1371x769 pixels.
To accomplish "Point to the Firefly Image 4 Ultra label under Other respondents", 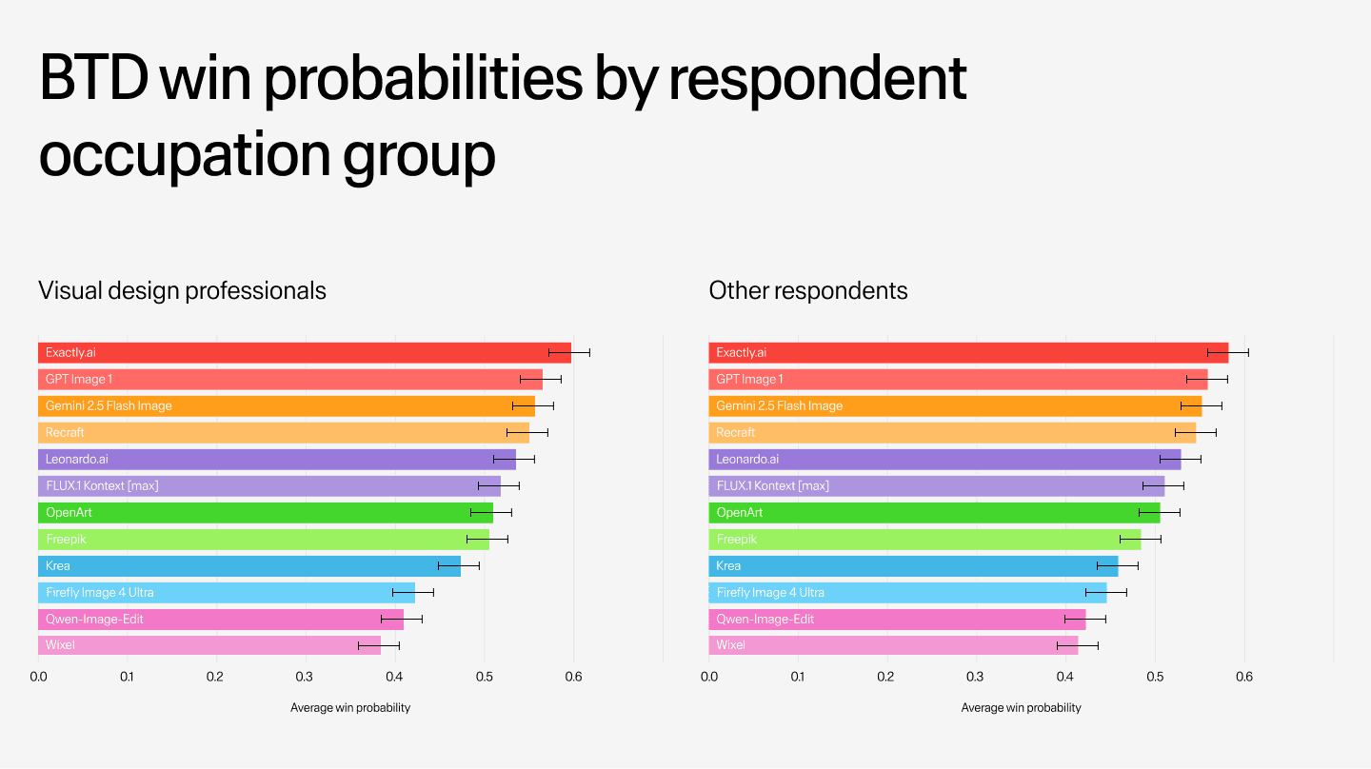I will click(x=770, y=592).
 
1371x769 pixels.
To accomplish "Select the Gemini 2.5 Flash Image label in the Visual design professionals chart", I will click(x=109, y=405).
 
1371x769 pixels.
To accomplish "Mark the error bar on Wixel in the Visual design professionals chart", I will click(x=378, y=645).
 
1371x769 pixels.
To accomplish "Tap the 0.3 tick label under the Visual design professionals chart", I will click(x=306, y=678).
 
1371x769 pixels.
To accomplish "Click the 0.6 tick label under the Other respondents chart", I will click(x=1243, y=678).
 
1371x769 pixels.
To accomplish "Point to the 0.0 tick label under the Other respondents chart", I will click(x=709, y=678).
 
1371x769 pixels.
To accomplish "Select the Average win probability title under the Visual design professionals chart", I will click(x=350, y=708).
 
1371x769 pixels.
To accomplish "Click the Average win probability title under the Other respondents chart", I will click(x=1021, y=708).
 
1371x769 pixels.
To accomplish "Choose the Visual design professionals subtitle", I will click(x=182, y=290).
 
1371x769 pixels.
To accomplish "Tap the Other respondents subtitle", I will click(x=808, y=290).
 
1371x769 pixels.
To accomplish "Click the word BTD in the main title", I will click(x=93, y=80).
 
